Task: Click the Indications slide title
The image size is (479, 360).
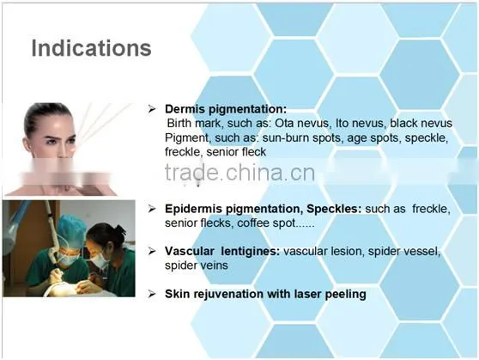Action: pos(91,48)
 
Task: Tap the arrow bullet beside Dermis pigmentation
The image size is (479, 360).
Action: pos(152,109)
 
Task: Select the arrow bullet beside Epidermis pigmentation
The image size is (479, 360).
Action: pos(152,209)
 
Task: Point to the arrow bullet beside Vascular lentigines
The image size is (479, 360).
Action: pos(152,252)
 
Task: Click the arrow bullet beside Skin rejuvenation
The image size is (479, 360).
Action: pos(152,294)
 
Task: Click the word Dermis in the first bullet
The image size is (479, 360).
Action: pos(185,109)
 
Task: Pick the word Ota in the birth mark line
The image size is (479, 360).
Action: pos(284,123)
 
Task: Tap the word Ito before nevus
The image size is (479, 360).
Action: pos(342,123)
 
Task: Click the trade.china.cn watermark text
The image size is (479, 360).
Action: pos(240,173)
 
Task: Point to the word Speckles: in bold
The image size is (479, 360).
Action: pos(334,209)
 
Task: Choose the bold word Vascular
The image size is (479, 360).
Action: pos(190,252)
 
